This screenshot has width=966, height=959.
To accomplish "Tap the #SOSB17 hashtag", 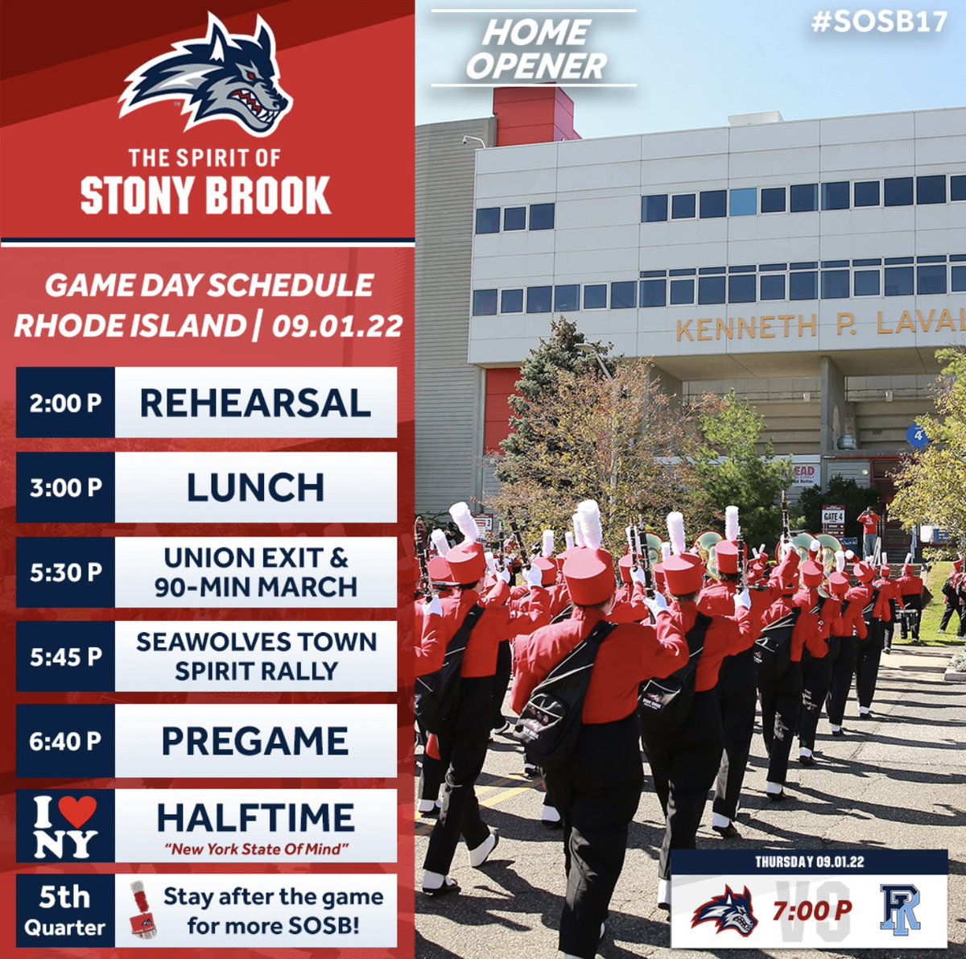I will [x=879, y=22].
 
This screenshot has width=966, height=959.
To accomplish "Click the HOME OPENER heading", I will [x=535, y=48].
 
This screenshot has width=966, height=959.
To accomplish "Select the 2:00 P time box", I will [x=65, y=403].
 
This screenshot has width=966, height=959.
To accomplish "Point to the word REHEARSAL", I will [x=255, y=403].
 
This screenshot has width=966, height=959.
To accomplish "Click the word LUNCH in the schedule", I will [x=255, y=487].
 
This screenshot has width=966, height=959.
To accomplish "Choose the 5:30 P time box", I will [x=65, y=572].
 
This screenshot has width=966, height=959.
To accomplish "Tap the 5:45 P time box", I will [x=65, y=656].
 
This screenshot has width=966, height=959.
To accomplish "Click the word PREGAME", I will [x=255, y=741].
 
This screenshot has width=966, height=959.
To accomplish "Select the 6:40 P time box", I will [x=65, y=741].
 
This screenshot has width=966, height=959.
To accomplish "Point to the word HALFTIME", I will [x=255, y=818].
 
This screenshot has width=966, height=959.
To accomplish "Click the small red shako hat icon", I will [x=142, y=911].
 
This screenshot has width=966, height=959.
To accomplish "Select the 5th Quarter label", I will [x=65, y=911].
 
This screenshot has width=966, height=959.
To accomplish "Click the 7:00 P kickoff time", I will [x=811, y=911].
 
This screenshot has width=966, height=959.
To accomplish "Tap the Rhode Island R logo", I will [x=899, y=909].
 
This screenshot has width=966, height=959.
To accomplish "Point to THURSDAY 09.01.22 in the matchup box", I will [x=809, y=862].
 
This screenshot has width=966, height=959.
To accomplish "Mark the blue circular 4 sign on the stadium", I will [x=917, y=436].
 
